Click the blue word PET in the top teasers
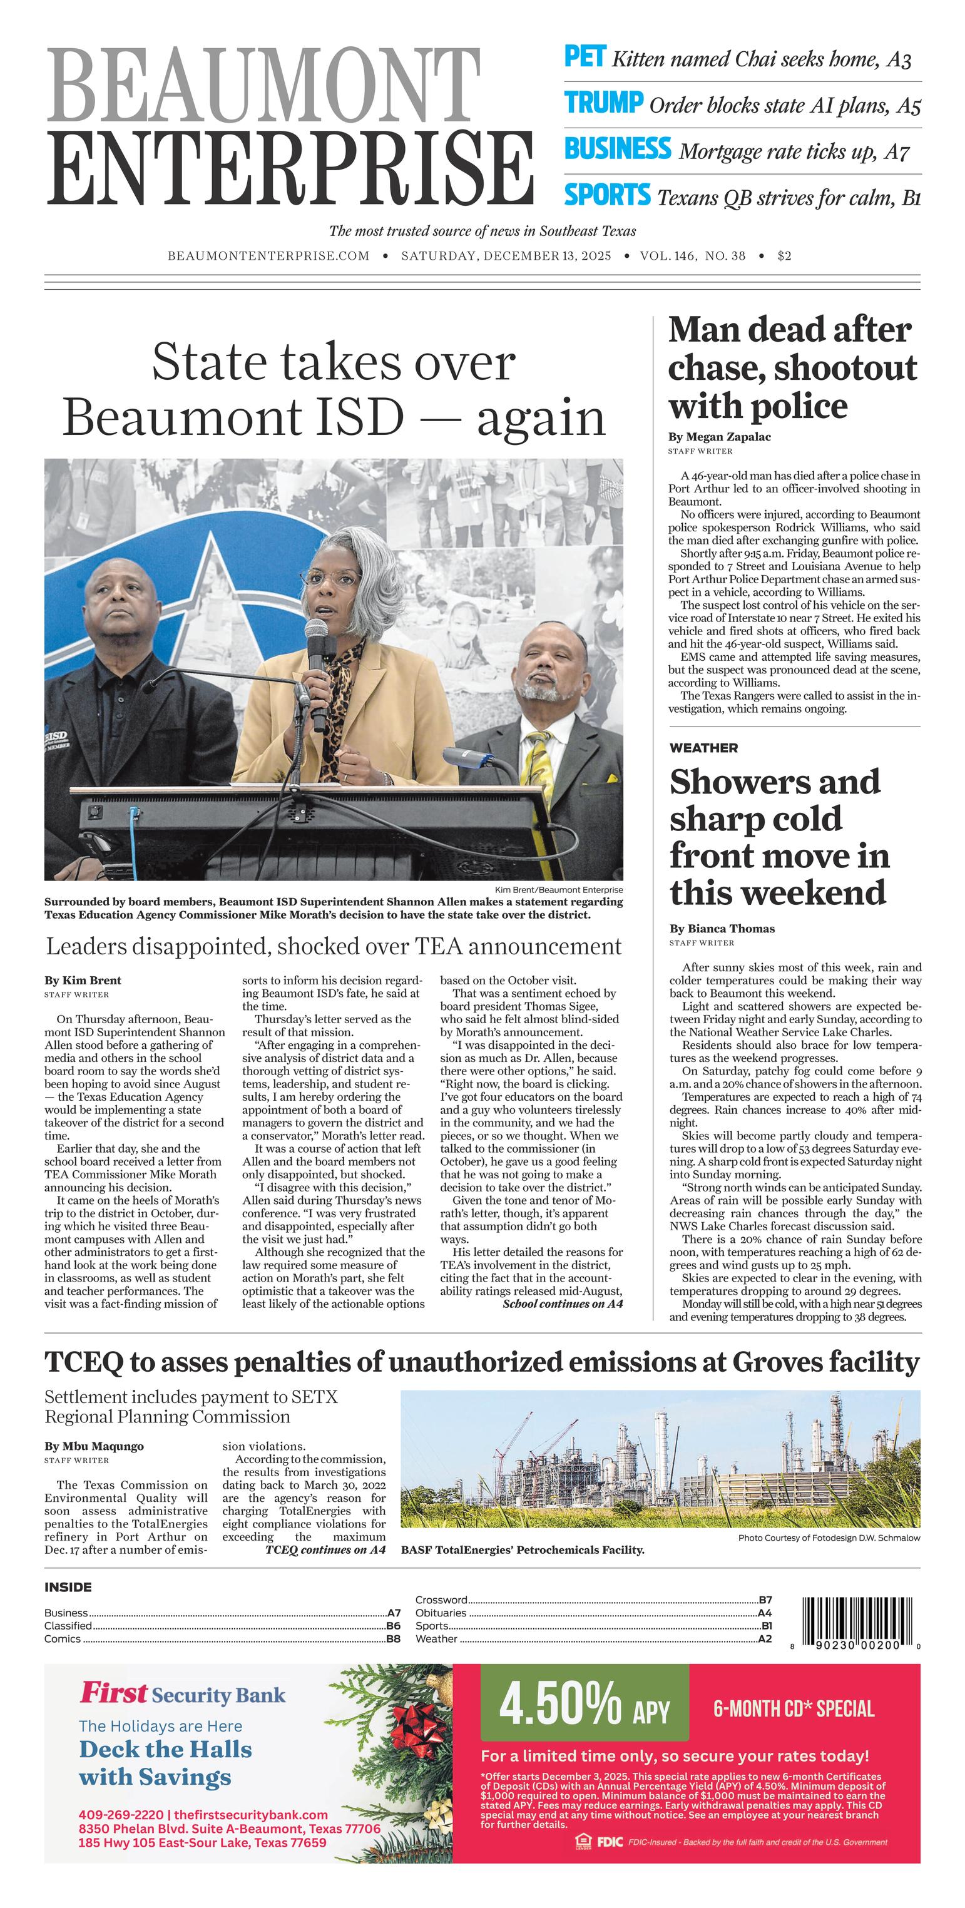pyautogui.click(x=585, y=57)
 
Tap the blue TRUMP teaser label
pyautogui.click(x=603, y=103)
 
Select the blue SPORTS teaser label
pyautogui.click(x=606, y=195)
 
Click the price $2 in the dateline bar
pyautogui.click(x=784, y=255)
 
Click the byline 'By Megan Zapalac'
pyautogui.click(x=719, y=436)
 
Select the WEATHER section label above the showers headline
pyautogui.click(x=703, y=748)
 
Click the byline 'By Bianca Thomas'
pyautogui.click(x=722, y=928)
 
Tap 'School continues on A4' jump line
pyautogui.click(x=562, y=1303)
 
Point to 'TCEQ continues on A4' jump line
pyautogui.click(x=325, y=1549)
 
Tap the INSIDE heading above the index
pyautogui.click(x=68, y=1586)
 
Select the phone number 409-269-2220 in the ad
pyautogui.click(x=121, y=1815)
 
